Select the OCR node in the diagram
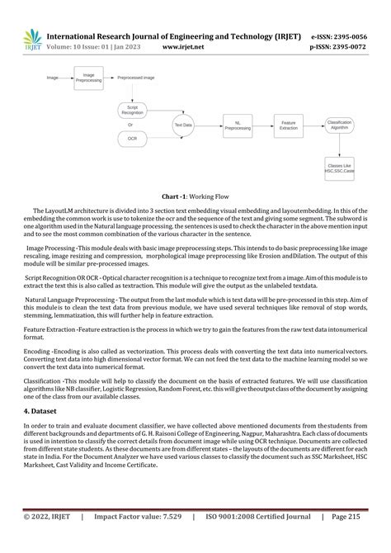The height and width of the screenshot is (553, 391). pyautogui.click(x=132, y=139)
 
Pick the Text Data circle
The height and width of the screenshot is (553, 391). pyautogui.click(x=182, y=125)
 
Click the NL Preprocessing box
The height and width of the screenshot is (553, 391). pyautogui.click(x=238, y=125)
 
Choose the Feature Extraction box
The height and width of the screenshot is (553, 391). pyautogui.click(x=288, y=125)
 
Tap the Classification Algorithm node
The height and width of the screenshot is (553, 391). pyautogui.click(x=339, y=125)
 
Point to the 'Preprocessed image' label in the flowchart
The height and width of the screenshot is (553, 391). pyautogui.click(x=136, y=77)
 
